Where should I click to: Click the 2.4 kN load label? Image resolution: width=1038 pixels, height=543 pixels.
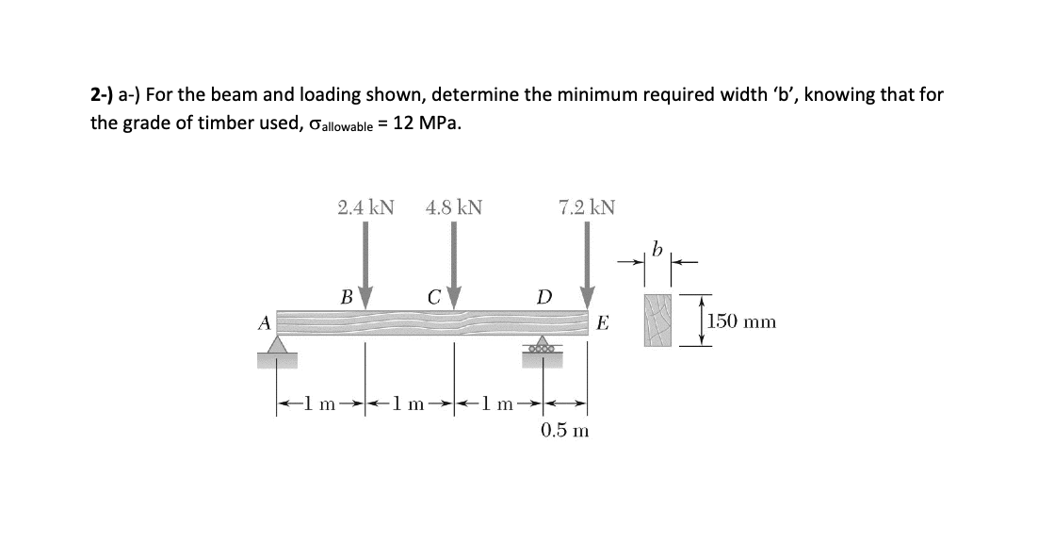[365, 206]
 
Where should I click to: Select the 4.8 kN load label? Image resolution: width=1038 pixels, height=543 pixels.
[454, 206]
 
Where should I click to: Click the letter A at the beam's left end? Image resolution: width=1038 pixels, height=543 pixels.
[266, 321]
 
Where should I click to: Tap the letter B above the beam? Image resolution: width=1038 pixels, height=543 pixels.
[346, 296]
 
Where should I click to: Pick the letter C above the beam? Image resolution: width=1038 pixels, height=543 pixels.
[434, 296]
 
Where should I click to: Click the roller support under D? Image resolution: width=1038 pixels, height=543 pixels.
[543, 346]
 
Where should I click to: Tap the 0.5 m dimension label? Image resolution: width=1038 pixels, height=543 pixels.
[564, 431]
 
